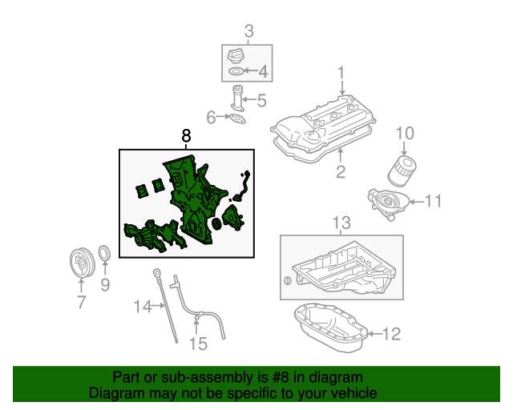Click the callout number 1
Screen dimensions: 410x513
tap(341, 73)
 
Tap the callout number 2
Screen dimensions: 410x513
tap(340, 172)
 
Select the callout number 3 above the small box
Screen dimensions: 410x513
tap(248, 32)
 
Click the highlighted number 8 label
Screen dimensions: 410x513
tap(186, 136)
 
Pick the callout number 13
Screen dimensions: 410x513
tap(341, 222)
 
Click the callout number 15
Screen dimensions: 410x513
tap(197, 344)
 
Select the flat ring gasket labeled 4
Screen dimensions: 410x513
tap(236, 72)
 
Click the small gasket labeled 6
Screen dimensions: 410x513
tap(236, 120)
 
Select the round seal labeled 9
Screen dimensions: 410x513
tap(104, 255)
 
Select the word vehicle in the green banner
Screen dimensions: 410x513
tap(349, 394)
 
